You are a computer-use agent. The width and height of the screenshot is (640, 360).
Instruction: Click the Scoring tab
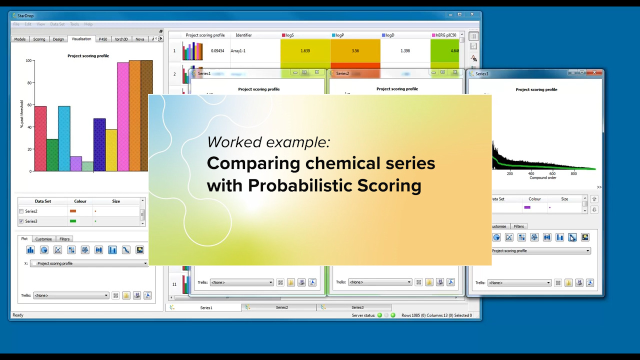(39, 39)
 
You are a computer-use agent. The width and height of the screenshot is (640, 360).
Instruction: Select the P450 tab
(102, 39)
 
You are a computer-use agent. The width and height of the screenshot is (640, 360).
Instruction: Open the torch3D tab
(121, 39)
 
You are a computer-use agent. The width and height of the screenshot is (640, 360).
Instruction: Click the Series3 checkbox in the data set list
(21, 221)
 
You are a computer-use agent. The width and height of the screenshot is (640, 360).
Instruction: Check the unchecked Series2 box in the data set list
(21, 211)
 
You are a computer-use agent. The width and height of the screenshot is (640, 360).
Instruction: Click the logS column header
(289, 35)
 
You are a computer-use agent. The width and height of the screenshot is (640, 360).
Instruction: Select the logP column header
(340, 35)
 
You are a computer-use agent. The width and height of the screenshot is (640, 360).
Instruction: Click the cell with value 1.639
(305, 50)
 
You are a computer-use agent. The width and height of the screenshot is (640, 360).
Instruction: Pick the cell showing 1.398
(405, 50)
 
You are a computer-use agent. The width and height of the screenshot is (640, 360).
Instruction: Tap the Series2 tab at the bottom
(281, 307)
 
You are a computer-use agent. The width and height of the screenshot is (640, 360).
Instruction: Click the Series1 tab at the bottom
(206, 307)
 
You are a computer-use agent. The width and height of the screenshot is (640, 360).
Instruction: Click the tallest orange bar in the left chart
(135, 115)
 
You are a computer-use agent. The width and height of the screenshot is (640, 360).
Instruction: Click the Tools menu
(74, 24)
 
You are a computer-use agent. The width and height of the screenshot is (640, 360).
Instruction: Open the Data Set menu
(57, 24)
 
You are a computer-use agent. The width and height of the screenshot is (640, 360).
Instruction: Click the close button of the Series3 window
(594, 73)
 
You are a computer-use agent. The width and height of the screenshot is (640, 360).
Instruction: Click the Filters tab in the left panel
(64, 239)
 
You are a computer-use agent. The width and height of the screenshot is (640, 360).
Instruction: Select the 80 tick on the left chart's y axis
(28, 83)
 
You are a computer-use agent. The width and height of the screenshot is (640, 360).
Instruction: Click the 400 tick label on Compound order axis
(531, 173)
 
